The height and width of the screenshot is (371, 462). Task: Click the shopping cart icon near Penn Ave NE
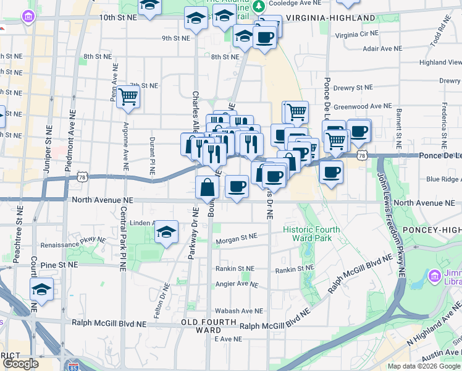pyautogui.click(x=128, y=96)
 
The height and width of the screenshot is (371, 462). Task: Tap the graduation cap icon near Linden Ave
pyautogui.click(x=166, y=232)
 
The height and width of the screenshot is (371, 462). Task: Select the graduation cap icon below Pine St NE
pyautogui.click(x=41, y=289)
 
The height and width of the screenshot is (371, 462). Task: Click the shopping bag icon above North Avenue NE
pyautogui.click(x=207, y=187)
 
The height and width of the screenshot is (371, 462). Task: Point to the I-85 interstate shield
pyautogui.click(x=74, y=366)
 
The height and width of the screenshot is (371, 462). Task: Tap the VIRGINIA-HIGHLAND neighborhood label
pyautogui.click(x=330, y=18)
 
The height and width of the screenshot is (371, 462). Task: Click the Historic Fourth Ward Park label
pyautogui.click(x=311, y=234)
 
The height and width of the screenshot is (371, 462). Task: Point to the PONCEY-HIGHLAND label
pyautogui.click(x=431, y=230)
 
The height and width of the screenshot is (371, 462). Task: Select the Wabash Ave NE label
pyautogui.click(x=239, y=311)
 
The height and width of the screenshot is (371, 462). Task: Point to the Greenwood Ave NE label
pyautogui.click(x=363, y=106)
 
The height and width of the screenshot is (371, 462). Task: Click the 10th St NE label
pyautogui.click(x=118, y=17)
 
